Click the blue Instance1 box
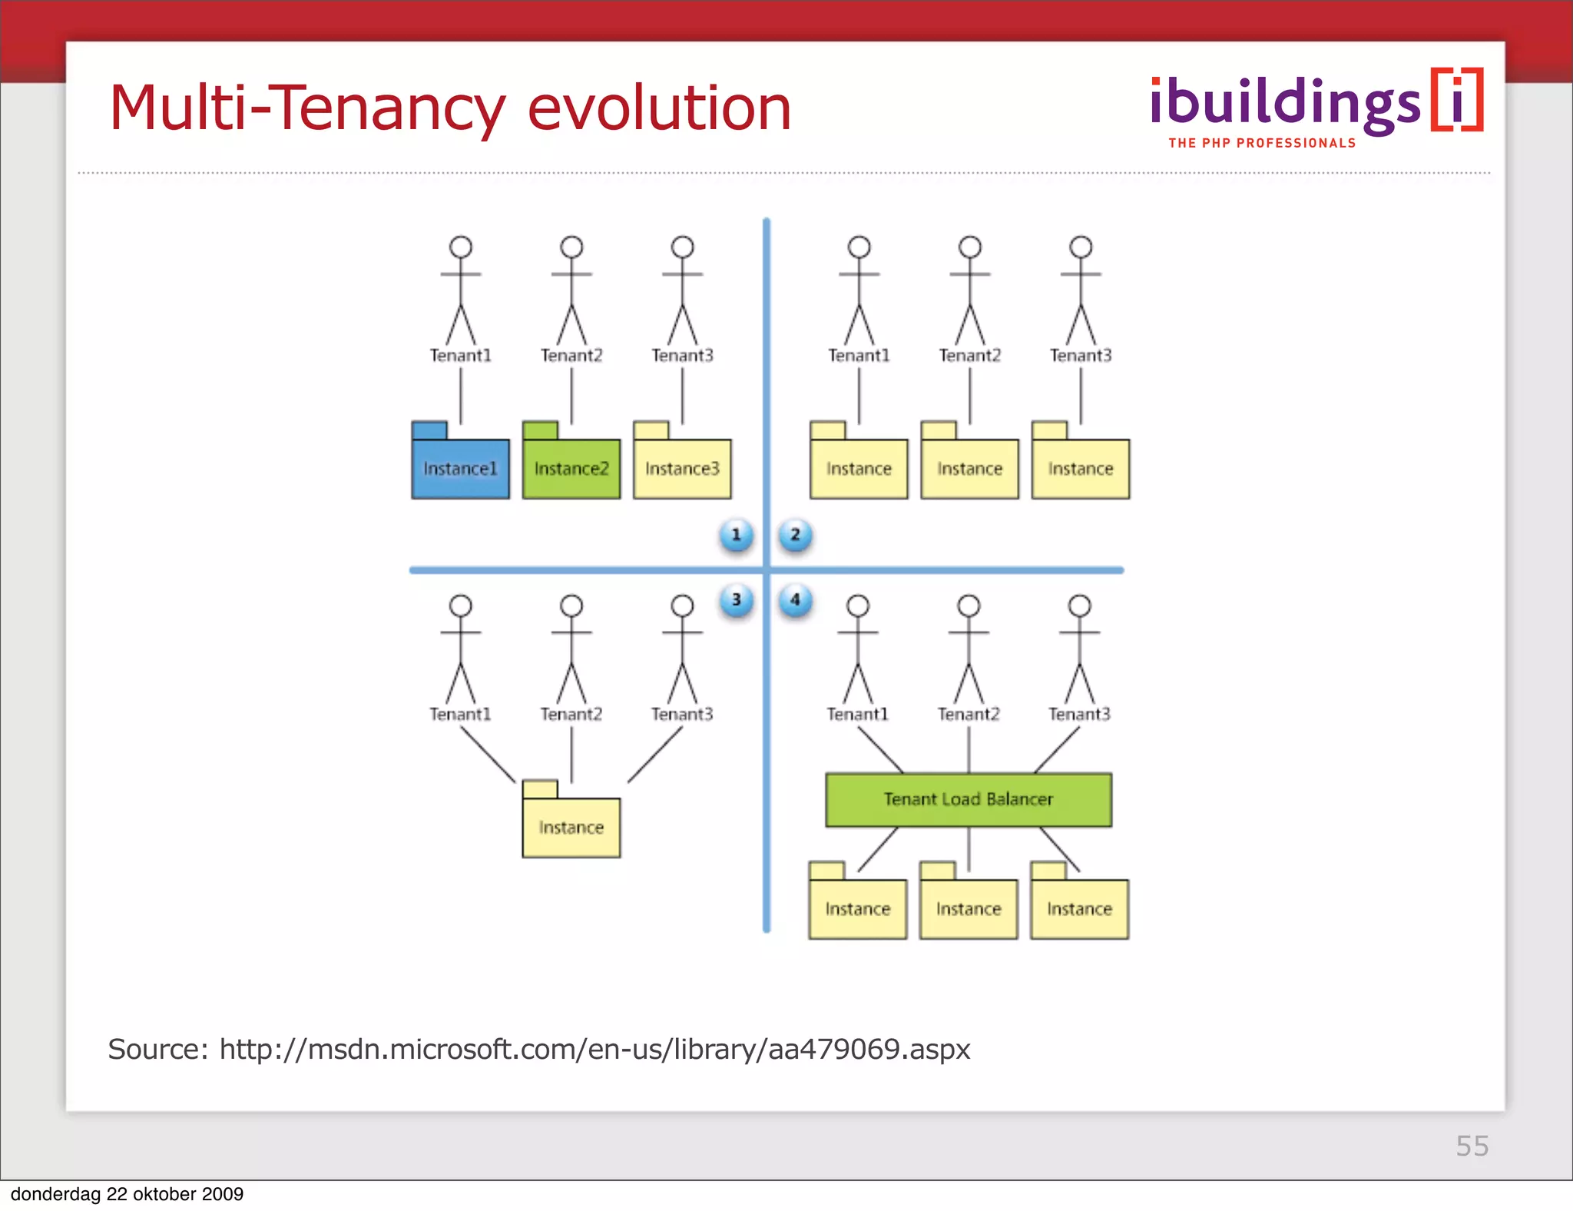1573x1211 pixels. point(460,468)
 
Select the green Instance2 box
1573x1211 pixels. point(571,468)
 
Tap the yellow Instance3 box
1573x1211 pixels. point(682,468)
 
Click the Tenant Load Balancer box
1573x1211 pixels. point(968,799)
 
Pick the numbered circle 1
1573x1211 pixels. point(736,535)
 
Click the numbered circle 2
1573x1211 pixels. point(795,535)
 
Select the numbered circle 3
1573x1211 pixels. point(736,599)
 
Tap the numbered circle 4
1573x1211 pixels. point(795,599)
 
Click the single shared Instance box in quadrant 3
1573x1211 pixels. point(571,827)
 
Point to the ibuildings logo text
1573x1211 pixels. point(1284,104)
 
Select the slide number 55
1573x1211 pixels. point(1472,1146)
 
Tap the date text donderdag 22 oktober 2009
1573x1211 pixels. point(127,1194)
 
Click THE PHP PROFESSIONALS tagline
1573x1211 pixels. point(1262,143)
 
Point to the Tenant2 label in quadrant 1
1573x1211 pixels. point(571,355)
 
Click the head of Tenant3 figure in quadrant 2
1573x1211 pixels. point(1081,247)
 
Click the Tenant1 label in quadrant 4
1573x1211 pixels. point(857,714)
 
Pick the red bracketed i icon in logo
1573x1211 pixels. point(1457,100)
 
